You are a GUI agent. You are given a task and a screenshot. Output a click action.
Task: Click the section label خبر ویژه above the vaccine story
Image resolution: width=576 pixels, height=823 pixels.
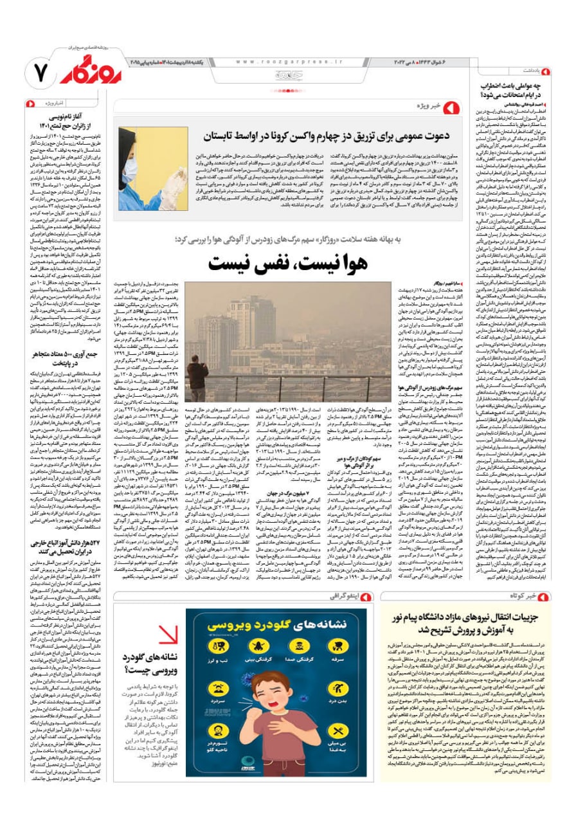(x=424, y=104)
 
